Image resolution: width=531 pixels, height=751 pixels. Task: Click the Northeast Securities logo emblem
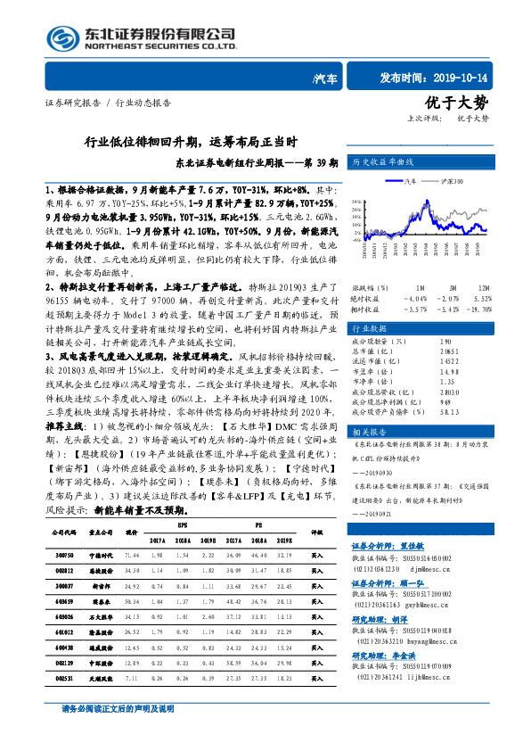[61, 38]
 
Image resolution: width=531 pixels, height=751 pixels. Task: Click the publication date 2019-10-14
[462, 78]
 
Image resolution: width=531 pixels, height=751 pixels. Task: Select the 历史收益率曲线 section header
[382, 163]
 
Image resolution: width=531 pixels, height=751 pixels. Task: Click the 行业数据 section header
[370, 327]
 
